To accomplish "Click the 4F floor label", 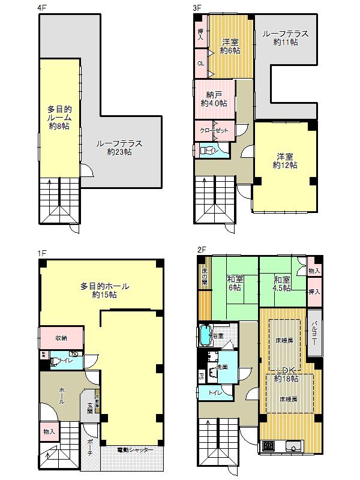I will point(40,9).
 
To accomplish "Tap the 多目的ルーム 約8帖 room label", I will point(60,118).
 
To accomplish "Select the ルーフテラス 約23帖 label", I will point(119,148).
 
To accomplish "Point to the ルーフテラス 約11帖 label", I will point(285,38).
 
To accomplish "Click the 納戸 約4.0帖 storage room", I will point(214,99).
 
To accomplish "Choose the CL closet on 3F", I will point(200,62).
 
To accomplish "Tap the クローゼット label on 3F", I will point(214,130).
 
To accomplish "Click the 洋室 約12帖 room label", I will point(284,160).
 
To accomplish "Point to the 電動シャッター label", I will point(134,449).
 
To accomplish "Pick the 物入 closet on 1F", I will point(49,431).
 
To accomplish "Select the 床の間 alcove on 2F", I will point(204,277).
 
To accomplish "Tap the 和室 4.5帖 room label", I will point(282,284).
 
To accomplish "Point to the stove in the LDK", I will point(269,446).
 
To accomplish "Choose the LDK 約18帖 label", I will point(286,375).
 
